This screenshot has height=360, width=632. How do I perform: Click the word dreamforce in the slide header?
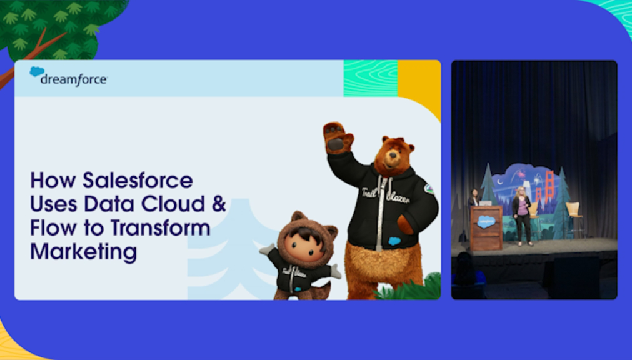[74, 79]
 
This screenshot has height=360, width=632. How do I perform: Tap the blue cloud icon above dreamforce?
[37, 71]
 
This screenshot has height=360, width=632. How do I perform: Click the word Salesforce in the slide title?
[138, 180]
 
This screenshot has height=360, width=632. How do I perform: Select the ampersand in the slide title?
[219, 204]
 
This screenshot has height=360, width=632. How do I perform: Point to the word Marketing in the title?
[83, 252]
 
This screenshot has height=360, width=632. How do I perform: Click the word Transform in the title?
[161, 228]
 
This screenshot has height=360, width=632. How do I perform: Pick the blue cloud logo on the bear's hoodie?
[394, 241]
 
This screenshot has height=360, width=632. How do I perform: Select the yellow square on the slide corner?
[419, 87]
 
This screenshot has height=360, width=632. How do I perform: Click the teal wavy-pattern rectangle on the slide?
[371, 78]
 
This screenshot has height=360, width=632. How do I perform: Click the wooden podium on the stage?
[486, 227]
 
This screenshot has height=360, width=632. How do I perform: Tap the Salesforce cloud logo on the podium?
[486, 222]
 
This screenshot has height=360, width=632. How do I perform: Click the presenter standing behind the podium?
[474, 198]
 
